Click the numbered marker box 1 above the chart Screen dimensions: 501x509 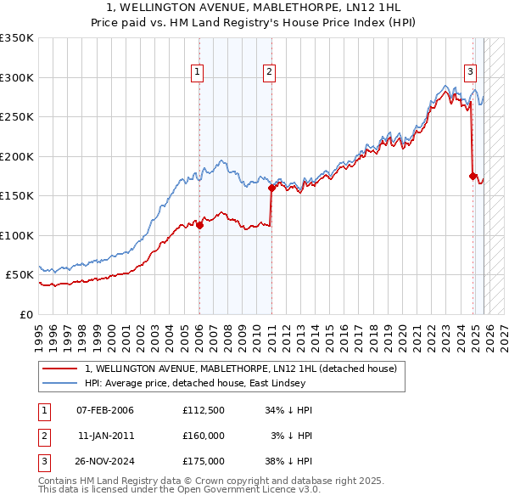pos(197,73)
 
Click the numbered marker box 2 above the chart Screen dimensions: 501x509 pos(269,73)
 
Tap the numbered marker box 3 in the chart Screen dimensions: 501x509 pos(469,73)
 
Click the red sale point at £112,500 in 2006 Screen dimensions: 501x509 pos(199,226)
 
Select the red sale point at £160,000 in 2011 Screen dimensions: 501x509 pos(271,189)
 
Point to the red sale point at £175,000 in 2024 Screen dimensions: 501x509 pos(473,177)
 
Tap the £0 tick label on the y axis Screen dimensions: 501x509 pos(25,314)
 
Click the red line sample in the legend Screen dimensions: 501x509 pos(60,369)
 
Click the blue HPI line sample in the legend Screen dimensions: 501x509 pos(60,383)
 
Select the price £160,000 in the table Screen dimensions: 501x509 pos(204,436)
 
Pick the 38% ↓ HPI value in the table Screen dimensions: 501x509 pos(288,461)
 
